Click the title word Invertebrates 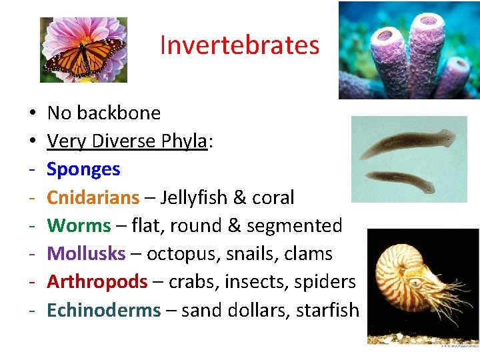239,45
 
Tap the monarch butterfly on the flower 85,55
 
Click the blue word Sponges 83,169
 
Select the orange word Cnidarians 93,197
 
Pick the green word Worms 79,225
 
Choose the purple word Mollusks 86,254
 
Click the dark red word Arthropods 97,282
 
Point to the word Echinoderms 103,310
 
